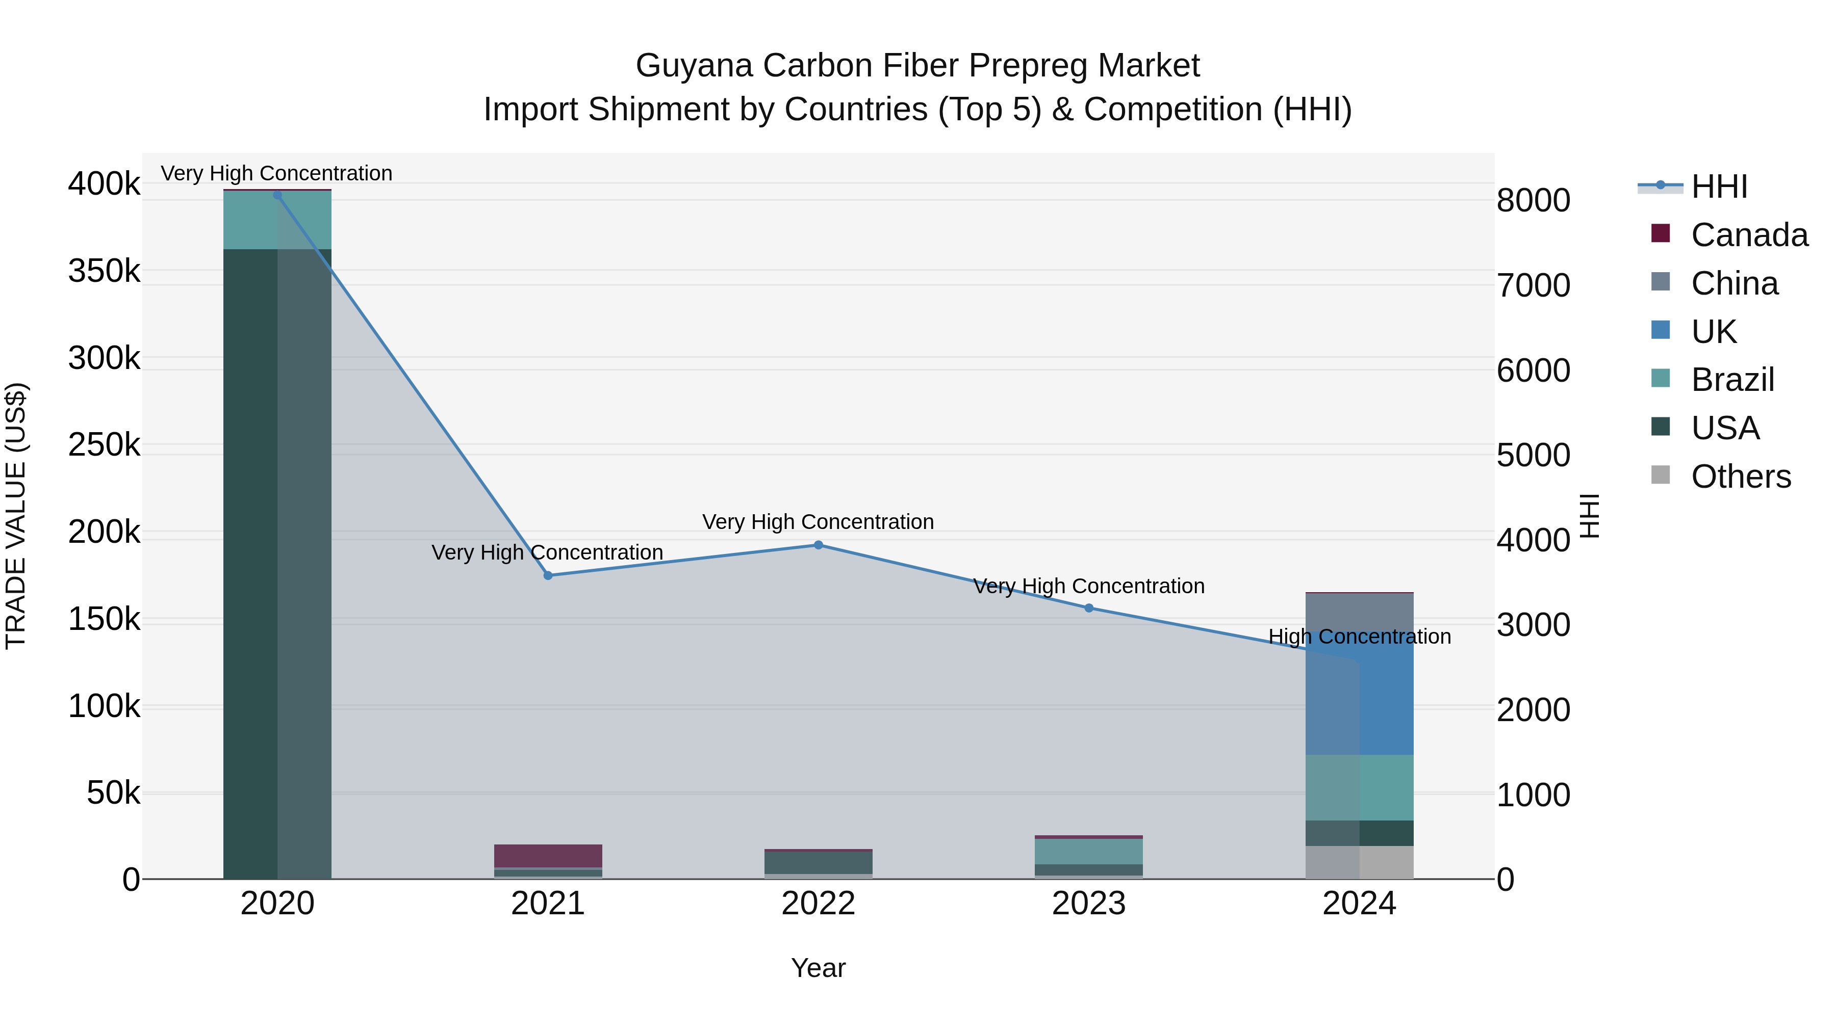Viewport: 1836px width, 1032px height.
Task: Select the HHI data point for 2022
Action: click(x=818, y=545)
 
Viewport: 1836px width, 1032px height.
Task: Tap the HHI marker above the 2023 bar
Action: click(x=1088, y=608)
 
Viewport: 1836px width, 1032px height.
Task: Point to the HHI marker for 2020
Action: click(x=277, y=195)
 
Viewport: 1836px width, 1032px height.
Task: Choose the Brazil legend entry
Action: click(x=1732, y=380)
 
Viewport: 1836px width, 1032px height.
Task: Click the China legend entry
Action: click(x=1734, y=283)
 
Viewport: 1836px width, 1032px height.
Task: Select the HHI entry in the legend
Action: click(x=1718, y=187)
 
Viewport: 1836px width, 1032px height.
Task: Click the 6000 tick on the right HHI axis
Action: click(x=1533, y=371)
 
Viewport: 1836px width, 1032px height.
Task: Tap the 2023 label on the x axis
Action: click(x=1088, y=904)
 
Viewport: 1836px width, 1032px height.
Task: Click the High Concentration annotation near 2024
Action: click(x=1359, y=636)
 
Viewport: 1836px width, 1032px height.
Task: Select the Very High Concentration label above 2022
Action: click(x=818, y=521)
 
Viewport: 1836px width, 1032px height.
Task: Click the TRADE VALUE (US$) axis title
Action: click(x=16, y=516)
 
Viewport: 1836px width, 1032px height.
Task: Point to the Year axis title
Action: click(x=818, y=968)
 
